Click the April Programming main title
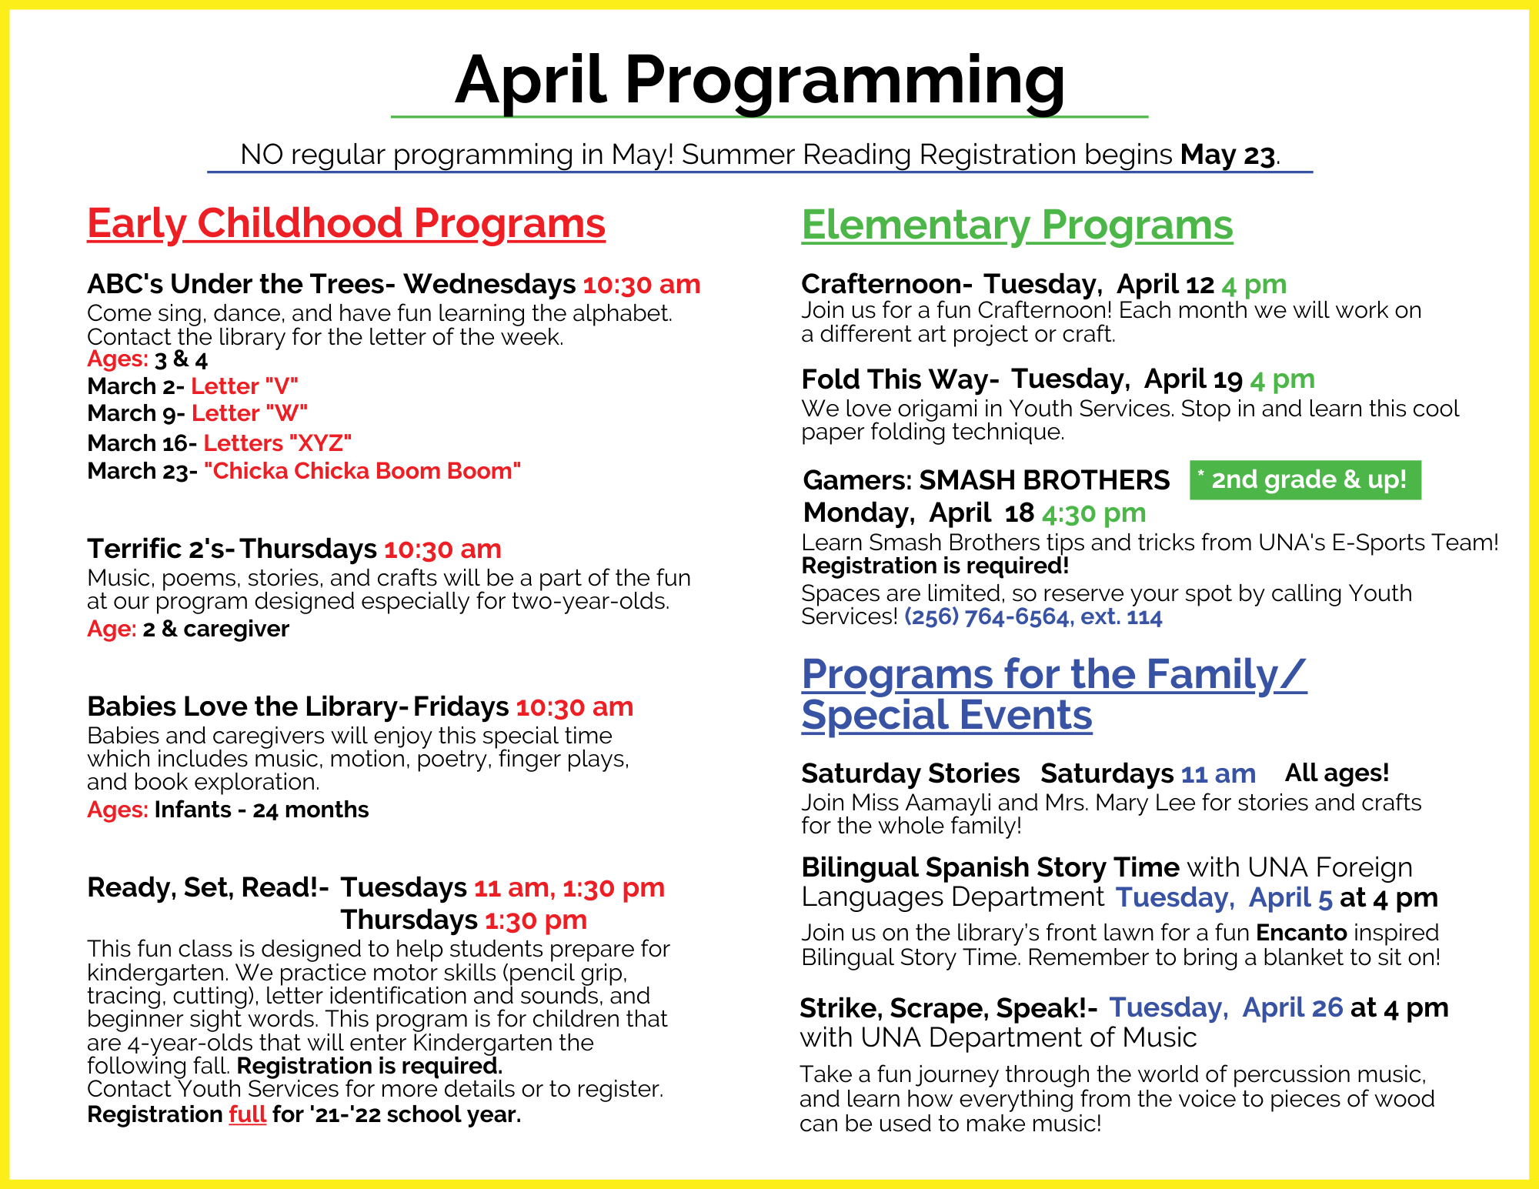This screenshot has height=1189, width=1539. click(760, 81)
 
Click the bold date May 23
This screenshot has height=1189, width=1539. click(1227, 155)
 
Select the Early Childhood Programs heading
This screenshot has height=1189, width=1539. click(346, 224)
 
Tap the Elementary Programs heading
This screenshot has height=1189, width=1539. click(1017, 225)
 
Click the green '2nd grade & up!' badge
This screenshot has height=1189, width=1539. click(1305, 480)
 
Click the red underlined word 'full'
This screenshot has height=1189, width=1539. click(247, 1114)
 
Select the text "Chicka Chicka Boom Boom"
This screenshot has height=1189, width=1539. click(362, 471)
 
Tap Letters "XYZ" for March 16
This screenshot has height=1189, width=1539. click(277, 443)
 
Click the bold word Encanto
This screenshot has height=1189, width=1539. click(1301, 933)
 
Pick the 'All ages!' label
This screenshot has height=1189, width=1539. click(1337, 773)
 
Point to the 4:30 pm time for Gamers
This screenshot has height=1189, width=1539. click(1093, 513)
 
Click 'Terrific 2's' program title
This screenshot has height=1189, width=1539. click(156, 549)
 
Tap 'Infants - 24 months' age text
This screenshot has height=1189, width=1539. click(262, 810)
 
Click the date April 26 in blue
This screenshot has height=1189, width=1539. click(1292, 1007)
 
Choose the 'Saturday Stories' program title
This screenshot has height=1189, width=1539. click(910, 773)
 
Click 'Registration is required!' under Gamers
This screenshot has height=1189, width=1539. click(935, 566)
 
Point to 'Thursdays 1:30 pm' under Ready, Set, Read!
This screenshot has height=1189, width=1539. click(463, 920)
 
